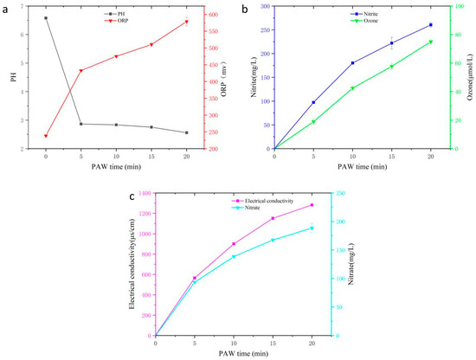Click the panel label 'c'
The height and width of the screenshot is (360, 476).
tap(132, 196)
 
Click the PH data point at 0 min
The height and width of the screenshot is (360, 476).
tap(46, 17)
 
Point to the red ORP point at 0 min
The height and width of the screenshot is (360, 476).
tap(46, 136)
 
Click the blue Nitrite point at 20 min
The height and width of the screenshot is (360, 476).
tap(430, 25)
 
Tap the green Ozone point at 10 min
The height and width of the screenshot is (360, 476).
tap(352, 88)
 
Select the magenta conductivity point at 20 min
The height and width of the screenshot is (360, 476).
tap(312, 205)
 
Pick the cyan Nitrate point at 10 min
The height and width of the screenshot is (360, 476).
tap(234, 257)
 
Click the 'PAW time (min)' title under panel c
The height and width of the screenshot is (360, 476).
tap(234, 353)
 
